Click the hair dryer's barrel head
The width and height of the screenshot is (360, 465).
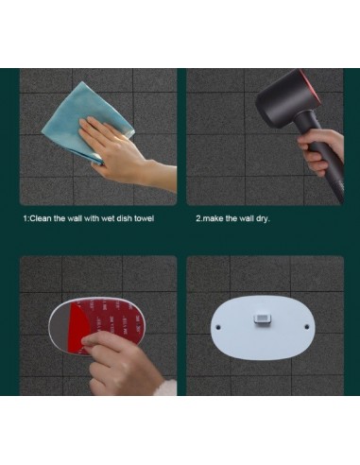pos(285,96)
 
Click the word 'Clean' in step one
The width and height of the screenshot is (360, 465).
pos(40,218)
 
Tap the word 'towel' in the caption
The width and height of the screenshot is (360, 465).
pos(145,218)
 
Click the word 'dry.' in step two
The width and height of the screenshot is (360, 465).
pos(263,218)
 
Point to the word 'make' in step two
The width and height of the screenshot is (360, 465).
pos(212,218)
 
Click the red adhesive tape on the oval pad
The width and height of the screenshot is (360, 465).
pos(107,323)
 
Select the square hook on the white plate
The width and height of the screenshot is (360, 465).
pos(262,319)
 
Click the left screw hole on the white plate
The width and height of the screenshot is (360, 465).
pos(218,327)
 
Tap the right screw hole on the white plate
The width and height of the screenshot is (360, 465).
pos(307,326)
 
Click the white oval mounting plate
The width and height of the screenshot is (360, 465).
pos(263,328)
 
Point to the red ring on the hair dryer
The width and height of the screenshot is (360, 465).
pos(310,87)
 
